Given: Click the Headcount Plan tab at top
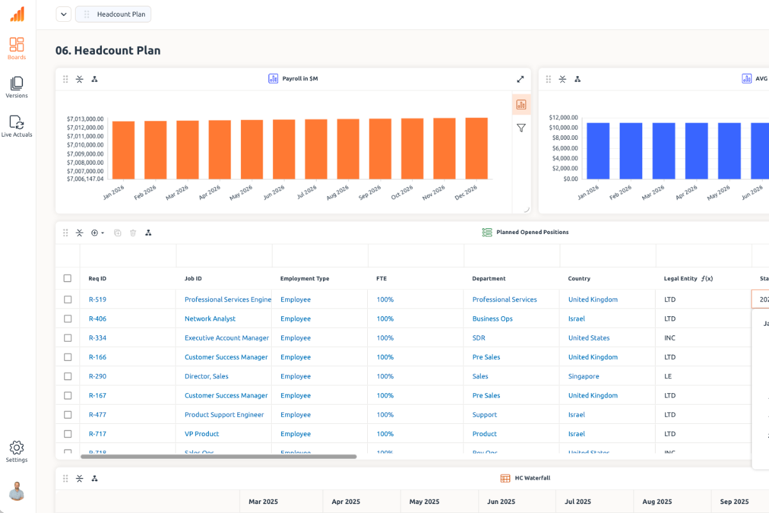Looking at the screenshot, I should click(113, 14).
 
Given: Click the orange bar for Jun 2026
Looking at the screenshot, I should click(284, 149).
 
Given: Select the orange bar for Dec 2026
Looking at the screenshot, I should click(476, 148).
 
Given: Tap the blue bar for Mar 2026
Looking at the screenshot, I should click(664, 151).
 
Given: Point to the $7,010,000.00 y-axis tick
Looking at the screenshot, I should click(85, 145).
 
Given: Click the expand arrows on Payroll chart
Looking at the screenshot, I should click(520, 79).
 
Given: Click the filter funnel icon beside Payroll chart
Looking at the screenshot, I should click(521, 128).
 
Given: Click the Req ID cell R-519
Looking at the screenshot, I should click(97, 299).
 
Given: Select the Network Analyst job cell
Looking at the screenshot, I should click(210, 319).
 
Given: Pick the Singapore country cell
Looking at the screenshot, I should click(584, 376).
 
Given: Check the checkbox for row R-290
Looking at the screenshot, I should click(68, 376).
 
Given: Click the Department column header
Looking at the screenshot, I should click(489, 279).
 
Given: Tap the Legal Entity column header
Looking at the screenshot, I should click(680, 279).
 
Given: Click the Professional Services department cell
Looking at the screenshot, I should click(504, 299).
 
